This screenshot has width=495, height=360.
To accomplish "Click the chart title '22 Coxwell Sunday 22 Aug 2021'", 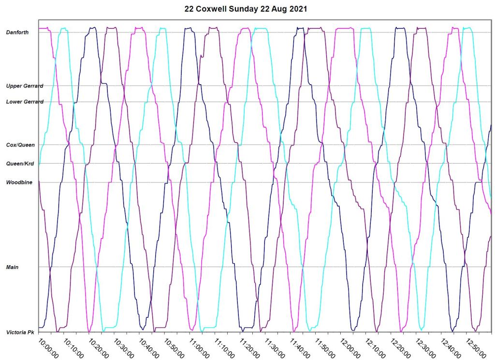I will pyautogui.click(x=246, y=9).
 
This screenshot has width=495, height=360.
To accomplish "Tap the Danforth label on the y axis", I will pyautogui.click(x=17, y=32).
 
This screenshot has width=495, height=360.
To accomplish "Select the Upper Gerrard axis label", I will pyautogui.click(x=25, y=86).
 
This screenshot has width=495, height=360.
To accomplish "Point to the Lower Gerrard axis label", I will pyautogui.click(x=25, y=102).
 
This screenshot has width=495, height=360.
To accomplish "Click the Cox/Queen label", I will pyautogui.click(x=20, y=145).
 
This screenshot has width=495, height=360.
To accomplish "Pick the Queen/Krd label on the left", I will pyautogui.click(x=20, y=164).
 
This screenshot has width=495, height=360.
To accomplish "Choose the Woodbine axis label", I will pyautogui.click(x=18, y=182).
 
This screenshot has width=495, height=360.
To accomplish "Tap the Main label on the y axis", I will pyautogui.click(x=12, y=267).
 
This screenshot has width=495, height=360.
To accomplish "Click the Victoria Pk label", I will pyautogui.click(x=20, y=332).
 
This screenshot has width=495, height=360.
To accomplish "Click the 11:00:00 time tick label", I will pyautogui.click(x=199, y=348).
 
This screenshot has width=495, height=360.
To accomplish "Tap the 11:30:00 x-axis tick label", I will pyautogui.click(x=274, y=348).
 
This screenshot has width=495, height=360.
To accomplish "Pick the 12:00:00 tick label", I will pyautogui.click(x=350, y=348).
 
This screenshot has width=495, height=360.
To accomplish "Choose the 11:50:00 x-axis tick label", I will pyautogui.click(x=325, y=348).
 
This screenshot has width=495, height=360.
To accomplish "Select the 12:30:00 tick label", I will pyautogui.click(x=425, y=348).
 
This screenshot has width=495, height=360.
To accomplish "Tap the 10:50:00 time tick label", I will pyautogui.click(x=174, y=348).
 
